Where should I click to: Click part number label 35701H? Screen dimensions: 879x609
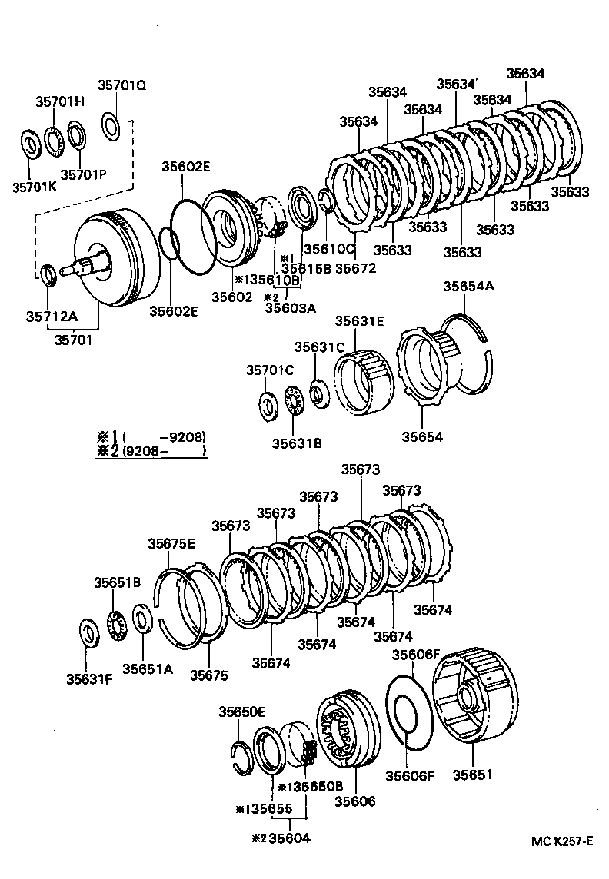(x=60, y=101)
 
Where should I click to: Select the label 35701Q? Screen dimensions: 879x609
(x=121, y=85)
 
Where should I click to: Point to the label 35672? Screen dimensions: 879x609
(x=355, y=268)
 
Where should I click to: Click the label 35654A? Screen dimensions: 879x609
(x=468, y=287)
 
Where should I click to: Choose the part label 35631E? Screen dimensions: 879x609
(x=358, y=321)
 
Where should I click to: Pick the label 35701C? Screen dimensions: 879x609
(x=270, y=370)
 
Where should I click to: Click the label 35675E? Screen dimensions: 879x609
(x=171, y=543)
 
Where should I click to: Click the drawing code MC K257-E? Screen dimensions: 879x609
(x=562, y=841)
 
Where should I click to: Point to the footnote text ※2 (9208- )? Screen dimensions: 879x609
(x=151, y=452)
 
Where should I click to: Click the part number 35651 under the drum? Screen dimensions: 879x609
(x=475, y=775)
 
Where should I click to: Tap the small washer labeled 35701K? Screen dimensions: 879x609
(x=32, y=144)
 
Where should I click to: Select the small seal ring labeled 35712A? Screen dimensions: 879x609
(x=48, y=273)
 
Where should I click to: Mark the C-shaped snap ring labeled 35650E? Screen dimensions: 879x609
(x=242, y=754)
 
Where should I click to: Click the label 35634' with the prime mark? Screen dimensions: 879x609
(x=458, y=85)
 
